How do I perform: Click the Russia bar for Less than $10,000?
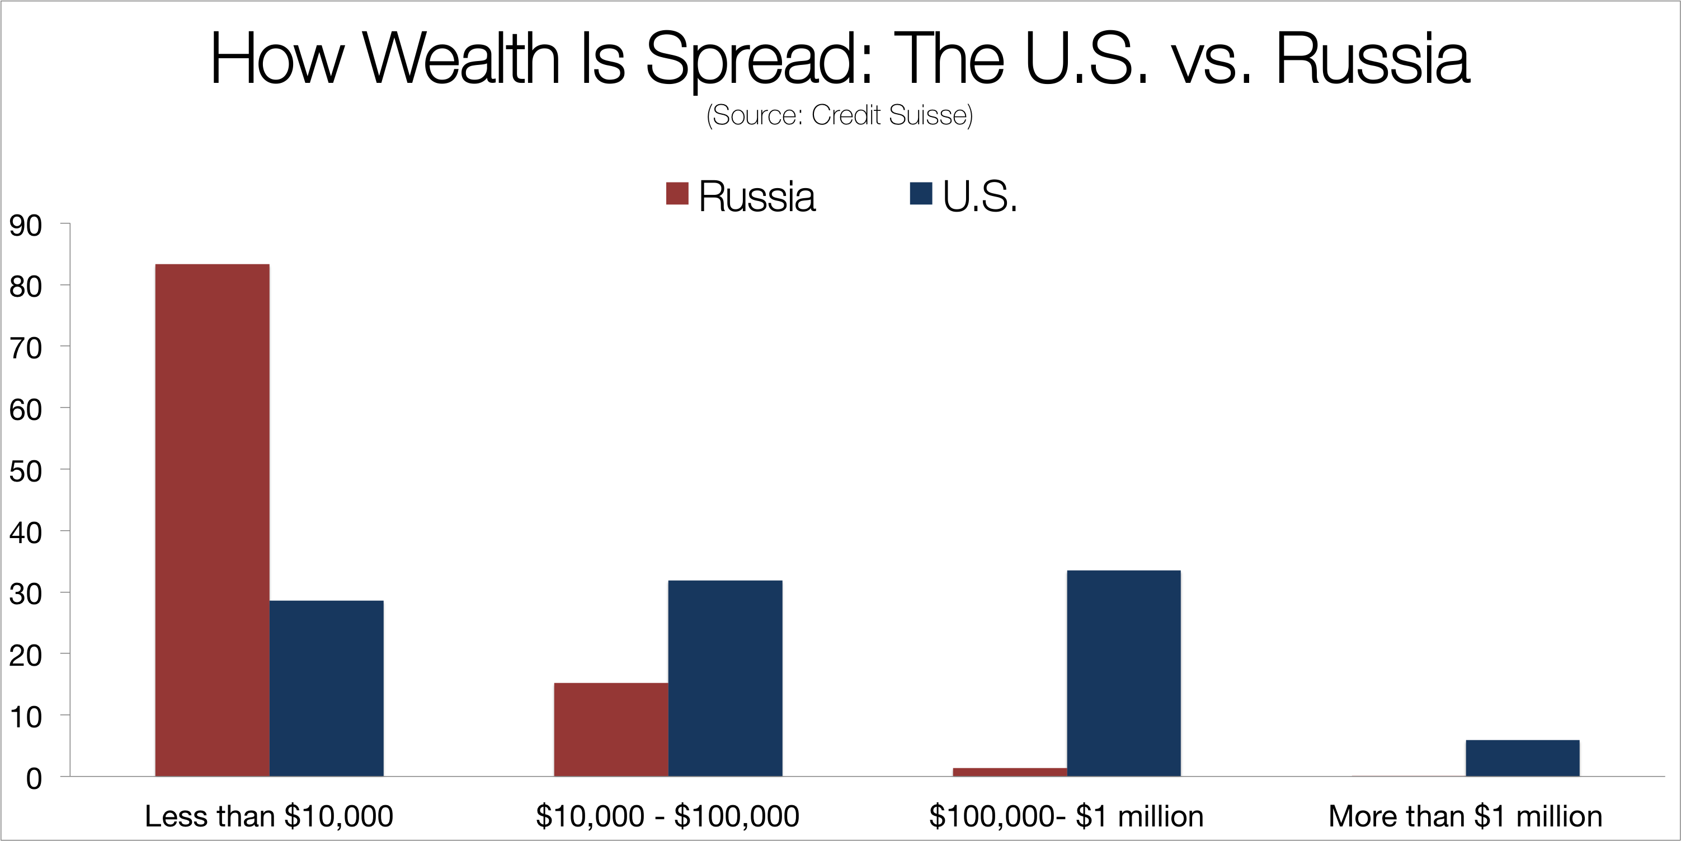pyautogui.click(x=212, y=520)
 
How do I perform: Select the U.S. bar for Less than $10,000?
pyautogui.click(x=326, y=688)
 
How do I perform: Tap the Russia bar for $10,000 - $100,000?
pyautogui.click(x=611, y=730)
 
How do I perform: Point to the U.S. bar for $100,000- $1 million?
pyautogui.click(x=1124, y=673)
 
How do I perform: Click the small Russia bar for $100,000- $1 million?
pyautogui.click(x=1010, y=772)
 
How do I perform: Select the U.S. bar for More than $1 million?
pyautogui.click(x=1523, y=758)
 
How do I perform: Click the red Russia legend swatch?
pyautogui.click(x=677, y=193)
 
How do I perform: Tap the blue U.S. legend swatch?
pyautogui.click(x=921, y=193)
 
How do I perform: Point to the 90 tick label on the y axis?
pyautogui.click(x=25, y=226)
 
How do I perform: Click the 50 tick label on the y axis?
pyautogui.click(x=25, y=471)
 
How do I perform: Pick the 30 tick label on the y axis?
pyautogui.click(x=25, y=594)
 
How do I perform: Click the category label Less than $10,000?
pyautogui.click(x=269, y=816)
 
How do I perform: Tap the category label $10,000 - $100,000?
pyautogui.click(x=667, y=816)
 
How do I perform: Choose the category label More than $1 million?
pyautogui.click(x=1466, y=816)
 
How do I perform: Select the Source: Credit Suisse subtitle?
pyautogui.click(x=840, y=115)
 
